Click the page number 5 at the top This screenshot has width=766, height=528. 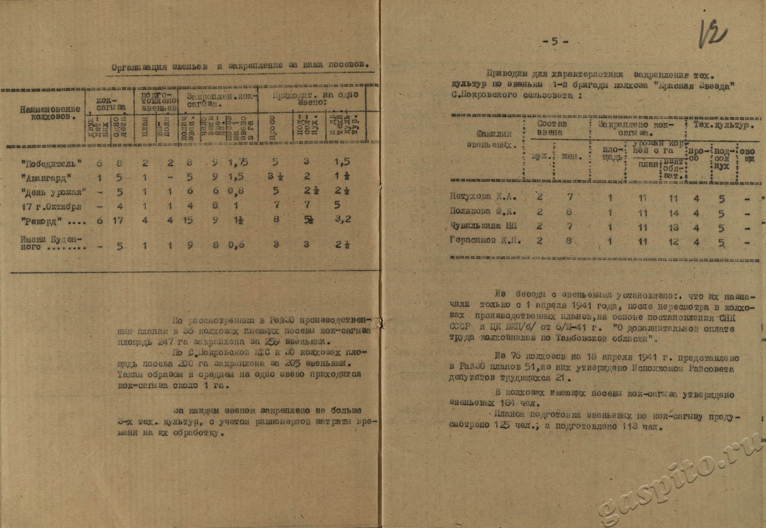554,42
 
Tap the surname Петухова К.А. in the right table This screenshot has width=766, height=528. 483,197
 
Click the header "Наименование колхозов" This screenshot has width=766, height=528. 50,113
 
